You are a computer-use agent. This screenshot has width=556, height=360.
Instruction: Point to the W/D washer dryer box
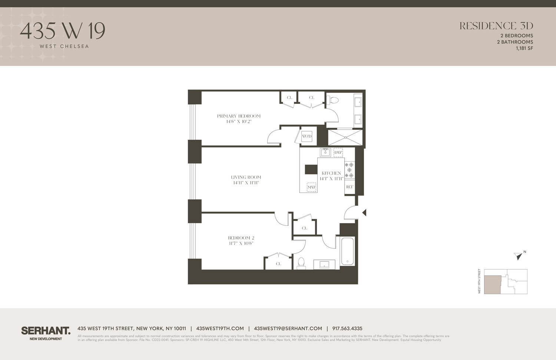tap(307, 136)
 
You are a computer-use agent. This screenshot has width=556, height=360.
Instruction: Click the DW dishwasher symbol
tap(338, 152)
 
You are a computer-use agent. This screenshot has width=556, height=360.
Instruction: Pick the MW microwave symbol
tap(312, 187)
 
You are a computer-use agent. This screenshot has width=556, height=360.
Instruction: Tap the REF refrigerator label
tap(350, 187)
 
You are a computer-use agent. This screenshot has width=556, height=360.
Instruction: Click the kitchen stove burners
tap(349, 170)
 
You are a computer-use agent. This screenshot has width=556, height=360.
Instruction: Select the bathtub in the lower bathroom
tap(347, 251)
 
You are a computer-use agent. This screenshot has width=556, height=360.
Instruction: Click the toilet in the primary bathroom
tap(334, 100)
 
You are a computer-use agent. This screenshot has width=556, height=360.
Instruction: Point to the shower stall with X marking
tap(345, 137)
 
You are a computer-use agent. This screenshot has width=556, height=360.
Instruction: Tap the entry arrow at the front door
tap(364, 212)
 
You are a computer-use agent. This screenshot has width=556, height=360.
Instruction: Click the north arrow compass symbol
tap(519, 256)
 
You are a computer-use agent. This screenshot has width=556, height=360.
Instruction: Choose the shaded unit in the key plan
tap(492, 284)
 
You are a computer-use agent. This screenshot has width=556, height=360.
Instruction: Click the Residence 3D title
tap(496, 26)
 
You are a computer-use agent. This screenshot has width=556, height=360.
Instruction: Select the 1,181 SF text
tap(524, 48)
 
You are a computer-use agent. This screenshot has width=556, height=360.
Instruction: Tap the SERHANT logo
tap(46, 331)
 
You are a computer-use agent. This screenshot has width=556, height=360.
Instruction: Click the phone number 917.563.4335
tap(347, 328)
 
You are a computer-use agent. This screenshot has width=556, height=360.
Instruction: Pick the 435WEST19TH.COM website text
tap(220, 328)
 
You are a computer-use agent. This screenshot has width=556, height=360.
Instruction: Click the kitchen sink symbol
tap(325, 152)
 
